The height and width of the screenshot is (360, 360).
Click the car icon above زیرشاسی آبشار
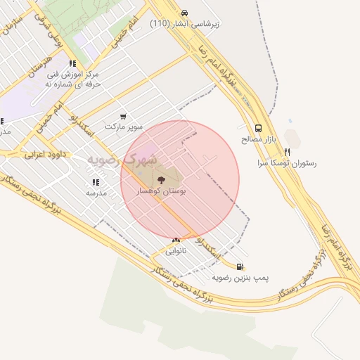point(184,13)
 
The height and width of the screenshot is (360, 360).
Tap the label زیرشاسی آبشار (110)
point(184,23)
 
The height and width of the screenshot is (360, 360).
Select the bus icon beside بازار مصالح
point(258,129)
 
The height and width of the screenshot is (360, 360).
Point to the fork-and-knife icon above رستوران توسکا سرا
point(287,152)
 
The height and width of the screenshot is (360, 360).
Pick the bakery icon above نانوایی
point(175,240)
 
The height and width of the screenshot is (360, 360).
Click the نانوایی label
point(175,250)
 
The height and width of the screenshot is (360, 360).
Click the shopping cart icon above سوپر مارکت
point(124,117)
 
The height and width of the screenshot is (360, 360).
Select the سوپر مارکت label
point(124,127)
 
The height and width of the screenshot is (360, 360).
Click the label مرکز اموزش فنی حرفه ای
point(73,78)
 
